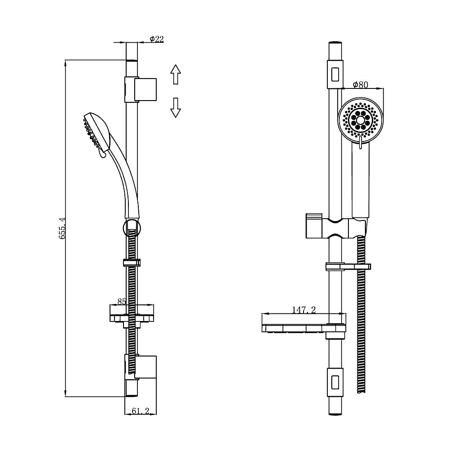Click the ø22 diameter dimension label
tap(156, 39)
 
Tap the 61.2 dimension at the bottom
tap(141, 410)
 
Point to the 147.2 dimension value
tap(304, 310)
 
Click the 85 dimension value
tap(121, 302)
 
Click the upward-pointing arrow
tap(175, 74)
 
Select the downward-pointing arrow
tap(175, 108)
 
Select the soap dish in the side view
tap(132, 313)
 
